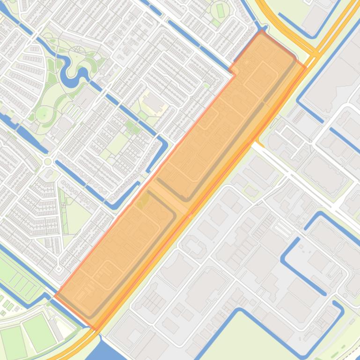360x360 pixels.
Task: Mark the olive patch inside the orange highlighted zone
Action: click(x=142, y=200)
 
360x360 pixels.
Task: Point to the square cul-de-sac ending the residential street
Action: click(x=59, y=269)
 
